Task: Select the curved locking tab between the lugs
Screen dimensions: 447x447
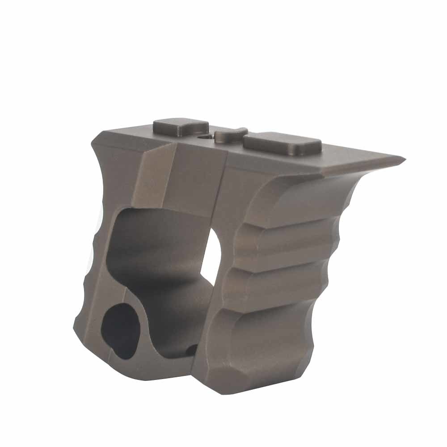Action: tap(230, 135)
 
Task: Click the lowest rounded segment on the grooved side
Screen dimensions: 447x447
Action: tap(264, 349)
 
